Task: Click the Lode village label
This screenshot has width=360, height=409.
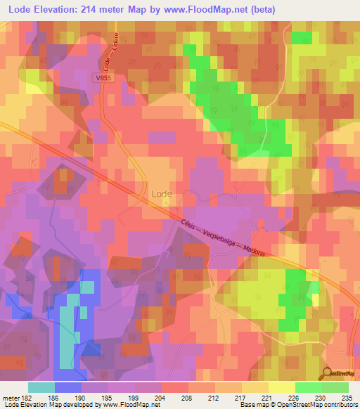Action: tap(162, 192)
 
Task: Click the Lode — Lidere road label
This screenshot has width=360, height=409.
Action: tap(110, 52)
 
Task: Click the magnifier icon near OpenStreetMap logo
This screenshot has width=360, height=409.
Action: tap(327, 373)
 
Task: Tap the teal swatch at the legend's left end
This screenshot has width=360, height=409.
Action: tap(41, 387)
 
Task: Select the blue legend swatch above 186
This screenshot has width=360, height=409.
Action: tap(68, 387)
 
